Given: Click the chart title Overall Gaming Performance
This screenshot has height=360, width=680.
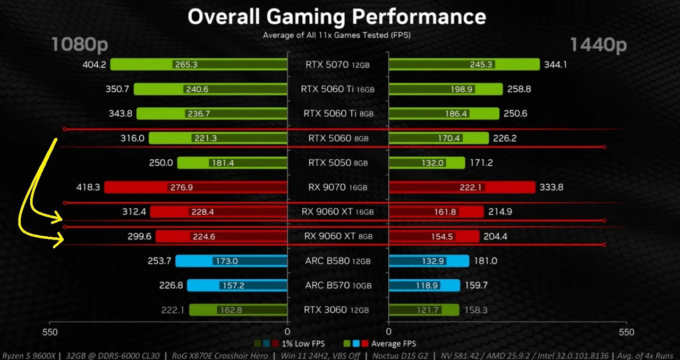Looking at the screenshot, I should pyautogui.click(x=337, y=17).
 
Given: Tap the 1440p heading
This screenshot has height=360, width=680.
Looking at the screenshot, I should pyautogui.click(x=598, y=45).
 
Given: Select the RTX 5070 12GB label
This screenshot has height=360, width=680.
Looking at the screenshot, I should pyautogui.click(x=337, y=65).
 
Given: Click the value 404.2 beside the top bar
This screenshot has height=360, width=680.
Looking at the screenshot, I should pyautogui.click(x=95, y=65).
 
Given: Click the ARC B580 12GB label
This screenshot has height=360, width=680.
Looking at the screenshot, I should pyautogui.click(x=337, y=261).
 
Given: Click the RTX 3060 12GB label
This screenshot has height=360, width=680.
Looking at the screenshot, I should pyautogui.click(x=337, y=310).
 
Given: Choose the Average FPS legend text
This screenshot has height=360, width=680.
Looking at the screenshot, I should pyautogui.click(x=393, y=344).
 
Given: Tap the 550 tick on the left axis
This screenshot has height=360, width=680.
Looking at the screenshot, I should pyautogui.click(x=50, y=332).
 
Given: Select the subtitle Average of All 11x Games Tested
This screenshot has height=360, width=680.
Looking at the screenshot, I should pyautogui.click(x=337, y=36).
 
